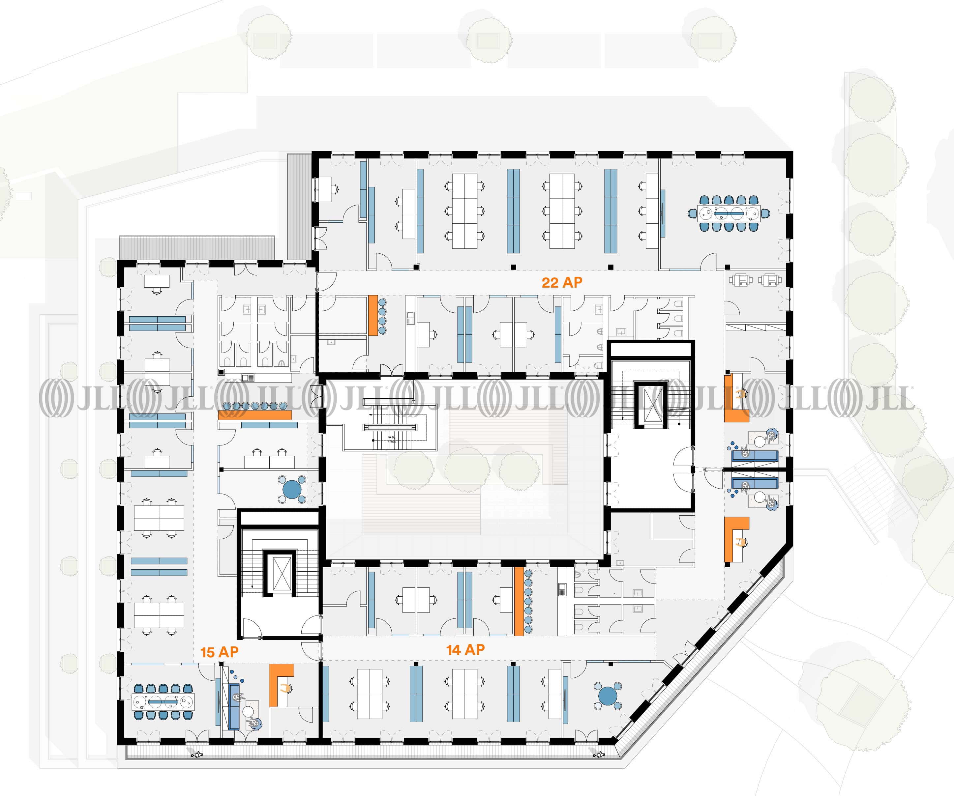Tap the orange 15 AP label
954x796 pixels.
220,652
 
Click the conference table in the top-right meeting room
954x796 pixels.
729,213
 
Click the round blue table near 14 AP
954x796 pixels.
608,696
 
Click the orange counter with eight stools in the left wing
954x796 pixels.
254,414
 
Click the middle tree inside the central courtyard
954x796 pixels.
467,470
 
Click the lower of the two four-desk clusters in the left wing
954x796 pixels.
159,615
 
